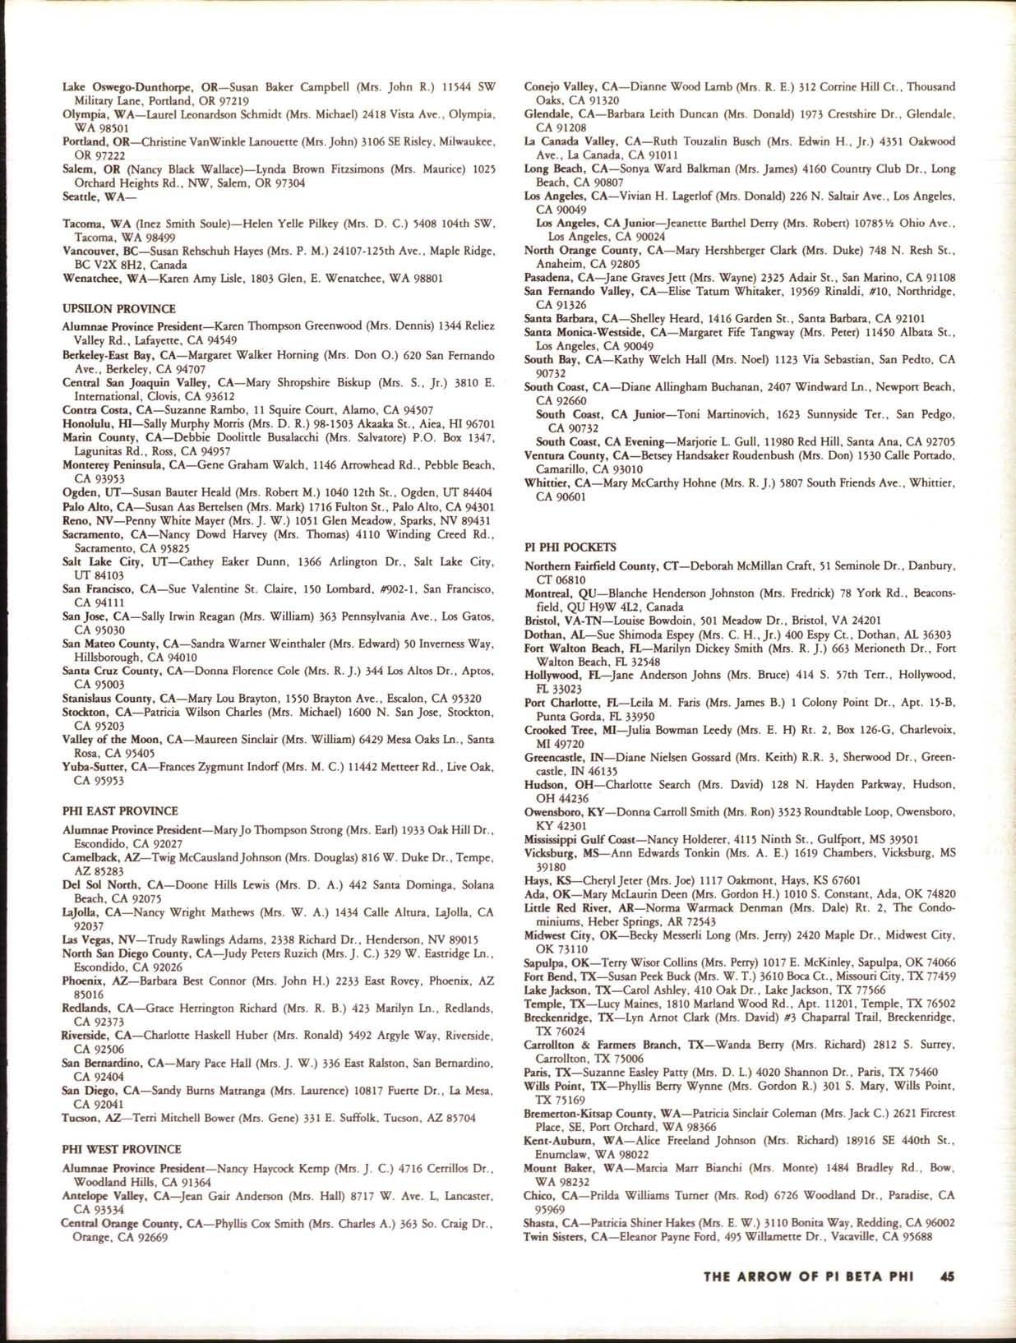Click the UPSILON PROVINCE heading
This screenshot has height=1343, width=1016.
[x=118, y=308]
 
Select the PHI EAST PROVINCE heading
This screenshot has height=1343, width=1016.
[x=119, y=811]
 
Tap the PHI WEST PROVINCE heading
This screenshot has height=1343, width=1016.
[x=121, y=1149]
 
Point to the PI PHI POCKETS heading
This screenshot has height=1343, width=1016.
[x=570, y=547]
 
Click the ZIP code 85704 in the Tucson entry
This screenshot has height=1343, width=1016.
[x=477, y=1118]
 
